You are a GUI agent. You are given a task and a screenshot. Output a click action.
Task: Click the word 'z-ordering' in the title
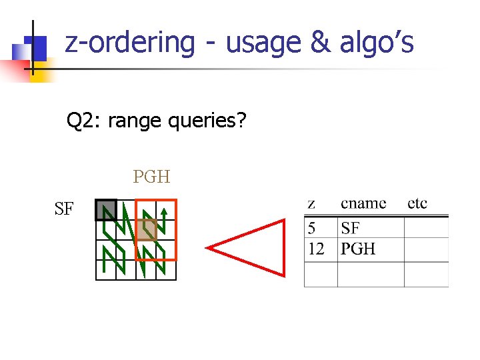point(130,43)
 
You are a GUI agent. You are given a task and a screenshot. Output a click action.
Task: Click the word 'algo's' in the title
point(377,43)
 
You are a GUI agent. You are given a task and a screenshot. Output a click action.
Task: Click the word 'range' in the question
point(135,121)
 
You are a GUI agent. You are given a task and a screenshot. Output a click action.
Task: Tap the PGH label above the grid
point(151,177)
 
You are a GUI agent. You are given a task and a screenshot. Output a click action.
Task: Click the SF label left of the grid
point(64,209)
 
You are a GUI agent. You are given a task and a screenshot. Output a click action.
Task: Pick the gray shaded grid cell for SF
point(106,210)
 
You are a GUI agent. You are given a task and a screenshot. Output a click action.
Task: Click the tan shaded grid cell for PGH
point(147,229)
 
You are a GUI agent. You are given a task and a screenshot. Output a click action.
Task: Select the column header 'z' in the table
point(311,203)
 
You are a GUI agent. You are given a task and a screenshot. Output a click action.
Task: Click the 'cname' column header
point(363,203)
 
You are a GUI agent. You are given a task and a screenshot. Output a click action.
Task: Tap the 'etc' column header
point(417,203)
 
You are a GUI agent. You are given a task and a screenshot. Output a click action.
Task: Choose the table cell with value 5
point(312,229)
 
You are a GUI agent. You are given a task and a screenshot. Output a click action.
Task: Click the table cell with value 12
point(316,249)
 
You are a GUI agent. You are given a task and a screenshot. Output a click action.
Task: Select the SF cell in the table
point(351,229)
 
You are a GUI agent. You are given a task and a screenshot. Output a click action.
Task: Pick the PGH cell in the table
point(358,249)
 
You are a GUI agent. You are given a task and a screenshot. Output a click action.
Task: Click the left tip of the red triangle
point(207,248)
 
